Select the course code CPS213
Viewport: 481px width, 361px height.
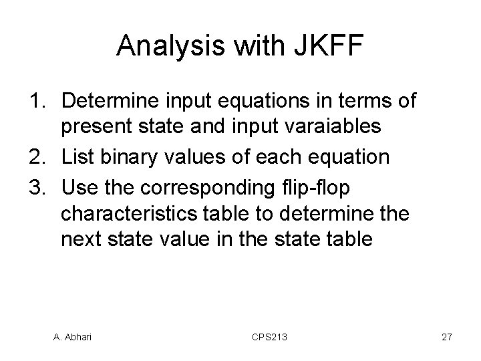click(271, 338)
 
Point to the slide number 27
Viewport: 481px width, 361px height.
click(446, 338)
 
